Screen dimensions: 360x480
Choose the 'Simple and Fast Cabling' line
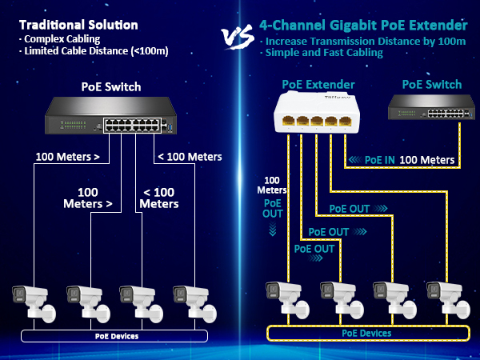click(x=324, y=53)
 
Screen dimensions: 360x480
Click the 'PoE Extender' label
click(x=318, y=85)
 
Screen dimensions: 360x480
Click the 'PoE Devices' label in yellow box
click(x=366, y=333)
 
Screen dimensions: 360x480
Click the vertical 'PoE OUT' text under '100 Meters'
click(x=274, y=209)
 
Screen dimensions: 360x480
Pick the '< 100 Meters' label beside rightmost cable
click(x=190, y=158)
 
